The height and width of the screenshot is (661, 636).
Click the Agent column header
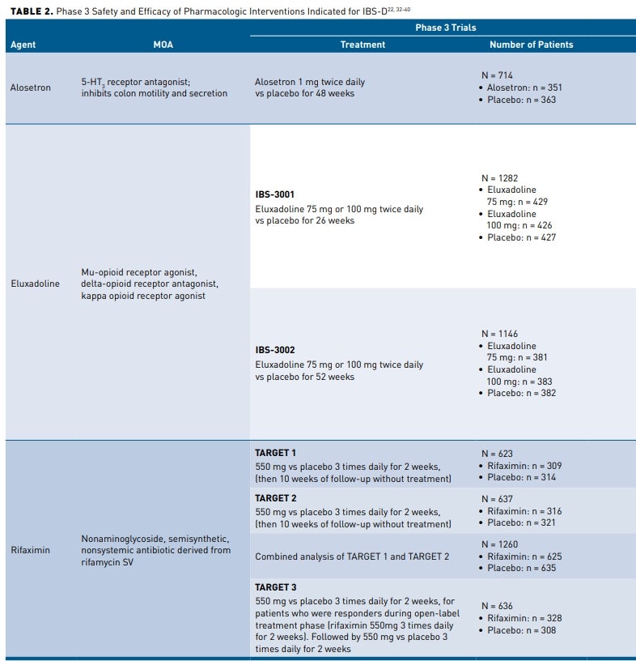point(23,45)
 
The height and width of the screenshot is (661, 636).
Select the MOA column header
point(163,45)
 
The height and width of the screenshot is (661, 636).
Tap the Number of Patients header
point(531,45)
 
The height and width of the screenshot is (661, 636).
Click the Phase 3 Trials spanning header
point(445,28)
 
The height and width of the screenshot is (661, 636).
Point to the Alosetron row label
point(30,87)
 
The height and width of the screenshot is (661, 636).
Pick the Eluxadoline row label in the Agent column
point(35,284)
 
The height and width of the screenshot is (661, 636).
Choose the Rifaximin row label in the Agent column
point(30,550)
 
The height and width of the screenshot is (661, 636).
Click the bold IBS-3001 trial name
point(274,194)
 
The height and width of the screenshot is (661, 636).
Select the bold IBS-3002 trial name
point(274,350)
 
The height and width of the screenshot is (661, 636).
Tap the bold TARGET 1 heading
point(275,453)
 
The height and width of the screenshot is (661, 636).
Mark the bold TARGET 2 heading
point(275,498)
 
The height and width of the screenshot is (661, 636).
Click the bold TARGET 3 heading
point(275,586)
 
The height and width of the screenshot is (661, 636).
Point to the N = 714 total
point(497,75)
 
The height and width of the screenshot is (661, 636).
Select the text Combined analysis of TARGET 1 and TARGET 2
point(352,557)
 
